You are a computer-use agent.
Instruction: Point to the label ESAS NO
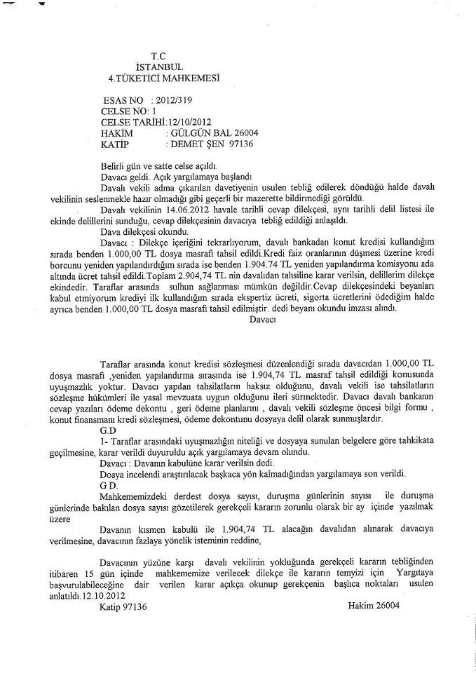click(x=123, y=100)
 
